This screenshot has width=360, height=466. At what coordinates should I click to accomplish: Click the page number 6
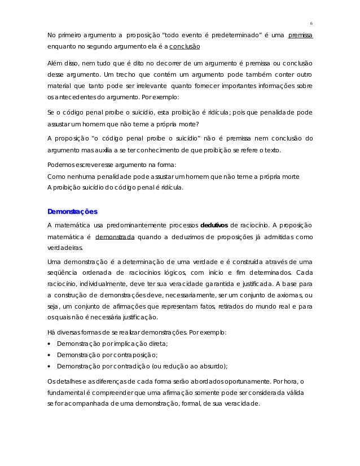tap(311, 23)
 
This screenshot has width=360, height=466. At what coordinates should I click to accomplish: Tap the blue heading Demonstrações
tap(72, 212)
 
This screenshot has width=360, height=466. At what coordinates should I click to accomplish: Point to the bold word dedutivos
tap(214, 226)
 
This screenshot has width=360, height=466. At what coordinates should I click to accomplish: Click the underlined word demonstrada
tap(115, 237)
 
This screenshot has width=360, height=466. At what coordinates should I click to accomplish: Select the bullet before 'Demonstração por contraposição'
tap(50, 354)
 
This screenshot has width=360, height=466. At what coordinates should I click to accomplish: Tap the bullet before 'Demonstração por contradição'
tap(50, 366)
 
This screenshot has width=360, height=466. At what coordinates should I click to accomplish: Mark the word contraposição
tap(133, 354)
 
